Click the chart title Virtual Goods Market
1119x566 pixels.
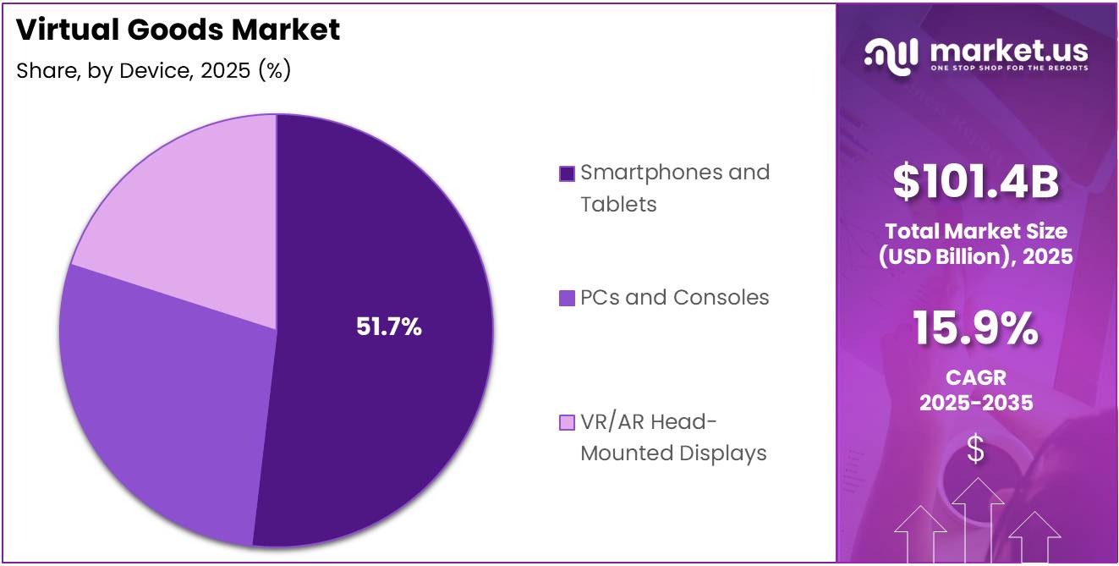(178, 30)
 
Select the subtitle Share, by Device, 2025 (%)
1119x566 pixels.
(154, 71)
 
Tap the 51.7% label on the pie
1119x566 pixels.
(388, 327)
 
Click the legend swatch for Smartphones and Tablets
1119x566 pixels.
(567, 173)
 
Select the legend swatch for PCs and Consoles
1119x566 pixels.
(567, 298)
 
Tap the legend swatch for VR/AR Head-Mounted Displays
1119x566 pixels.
(567, 422)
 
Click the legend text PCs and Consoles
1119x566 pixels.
(674, 298)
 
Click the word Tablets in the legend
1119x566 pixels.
(618, 205)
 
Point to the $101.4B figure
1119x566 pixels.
(976, 182)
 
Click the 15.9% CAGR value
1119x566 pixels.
(975, 329)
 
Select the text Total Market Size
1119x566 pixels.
(976, 231)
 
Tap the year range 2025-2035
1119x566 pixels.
(976, 403)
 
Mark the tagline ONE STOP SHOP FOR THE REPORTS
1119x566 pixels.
(1008, 67)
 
